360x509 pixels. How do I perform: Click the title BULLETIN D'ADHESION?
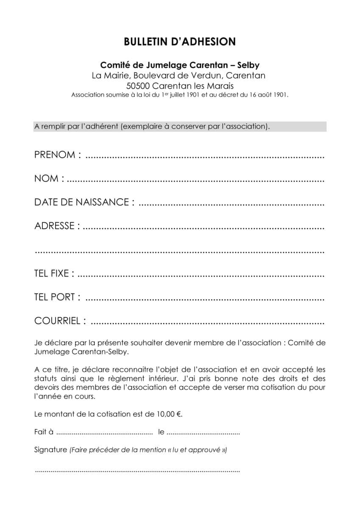(x=180, y=42)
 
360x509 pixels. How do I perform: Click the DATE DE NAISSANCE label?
(x=84, y=202)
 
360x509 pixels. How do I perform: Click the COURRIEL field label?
(x=60, y=321)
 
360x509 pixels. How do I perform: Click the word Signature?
(x=50, y=450)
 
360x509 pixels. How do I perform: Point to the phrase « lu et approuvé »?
(x=197, y=450)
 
